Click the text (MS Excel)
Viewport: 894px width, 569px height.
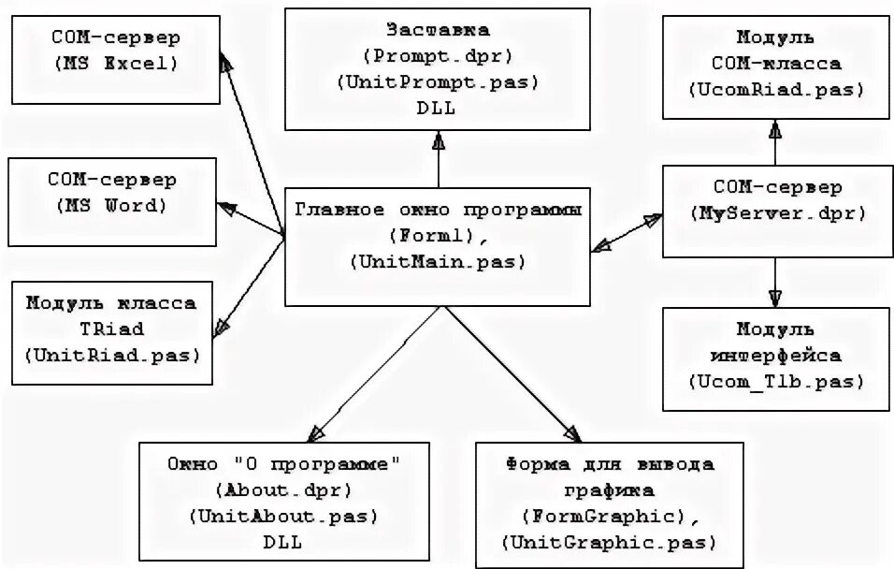coord(115,65)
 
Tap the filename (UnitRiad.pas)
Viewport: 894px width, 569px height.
coord(111,355)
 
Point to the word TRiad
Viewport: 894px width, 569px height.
coord(111,329)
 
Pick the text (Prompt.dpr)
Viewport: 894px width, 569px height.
coord(438,56)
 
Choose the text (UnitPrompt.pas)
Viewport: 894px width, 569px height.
coord(438,81)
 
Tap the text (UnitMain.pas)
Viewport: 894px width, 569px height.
coord(438,263)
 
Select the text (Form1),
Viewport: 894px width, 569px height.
coord(438,236)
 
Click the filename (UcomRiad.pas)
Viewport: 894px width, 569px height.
coord(775,90)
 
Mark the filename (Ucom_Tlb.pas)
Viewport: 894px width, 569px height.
coord(775,382)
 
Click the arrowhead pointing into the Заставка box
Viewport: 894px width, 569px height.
coord(438,140)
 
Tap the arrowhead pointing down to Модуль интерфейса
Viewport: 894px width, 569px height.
coord(775,297)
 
